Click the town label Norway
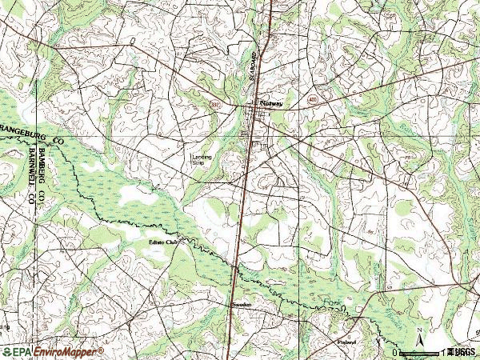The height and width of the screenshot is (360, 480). tap(272, 103)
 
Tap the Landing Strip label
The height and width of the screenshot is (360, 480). tap(201, 159)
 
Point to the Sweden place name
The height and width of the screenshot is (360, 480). tap(242, 305)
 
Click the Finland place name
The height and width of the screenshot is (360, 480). tap(346, 340)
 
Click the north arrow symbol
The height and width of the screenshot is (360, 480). tap(420, 345)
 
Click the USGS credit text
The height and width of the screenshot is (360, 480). tap(462, 352)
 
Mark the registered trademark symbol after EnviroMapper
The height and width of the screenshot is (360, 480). tap(101, 350)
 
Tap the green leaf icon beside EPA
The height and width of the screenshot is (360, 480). tap(6, 352)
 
